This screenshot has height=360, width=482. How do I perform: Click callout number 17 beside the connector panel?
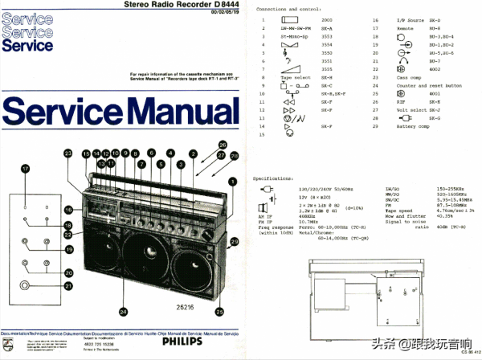point(26,168)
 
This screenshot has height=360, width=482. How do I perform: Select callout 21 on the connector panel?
point(68,285)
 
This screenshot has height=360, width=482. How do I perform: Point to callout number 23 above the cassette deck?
point(68,153)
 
